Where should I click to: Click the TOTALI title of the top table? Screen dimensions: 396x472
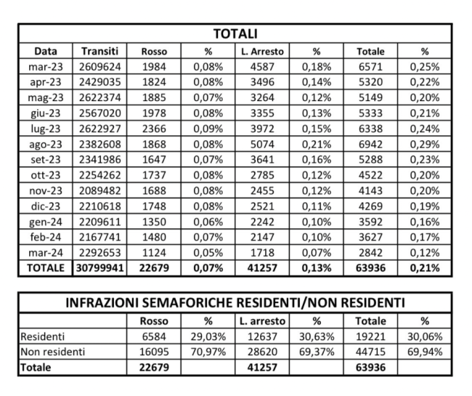pyautogui.click(x=235, y=34)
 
